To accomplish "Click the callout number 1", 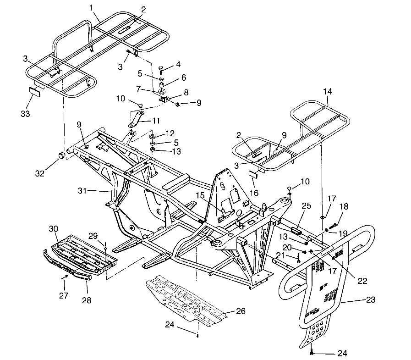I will pos(91,7).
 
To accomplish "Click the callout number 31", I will pos(94,191).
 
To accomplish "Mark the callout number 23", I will pos(371,300).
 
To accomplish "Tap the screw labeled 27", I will pos(66,277).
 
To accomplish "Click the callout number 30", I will pos(54,228).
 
